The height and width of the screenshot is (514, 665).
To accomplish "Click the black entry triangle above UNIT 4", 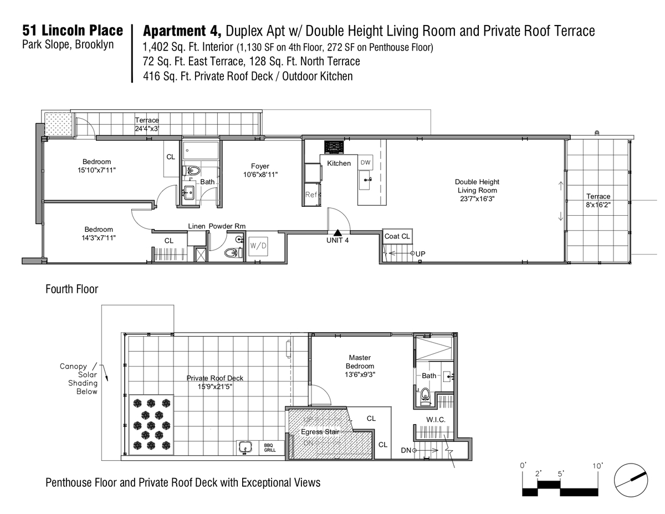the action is pyautogui.click(x=337, y=233).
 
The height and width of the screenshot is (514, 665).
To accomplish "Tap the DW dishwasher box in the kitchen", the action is pyautogui.click(x=365, y=162).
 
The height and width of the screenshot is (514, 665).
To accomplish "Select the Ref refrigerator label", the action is pyautogui.click(x=311, y=195).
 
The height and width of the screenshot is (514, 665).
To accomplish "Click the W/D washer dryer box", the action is pyautogui.click(x=258, y=246).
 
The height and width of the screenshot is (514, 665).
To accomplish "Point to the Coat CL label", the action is pyautogui.click(x=397, y=236).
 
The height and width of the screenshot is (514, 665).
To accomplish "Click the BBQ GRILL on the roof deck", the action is pyautogui.click(x=270, y=448).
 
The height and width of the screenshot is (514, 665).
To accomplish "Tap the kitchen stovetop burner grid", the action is pyautogui.click(x=334, y=147).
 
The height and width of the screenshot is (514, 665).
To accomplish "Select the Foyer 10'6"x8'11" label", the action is pyautogui.click(x=260, y=170).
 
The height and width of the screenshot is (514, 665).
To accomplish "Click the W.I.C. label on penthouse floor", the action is pyautogui.click(x=436, y=420).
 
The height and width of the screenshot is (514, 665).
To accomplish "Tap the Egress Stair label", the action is pyautogui.click(x=320, y=431).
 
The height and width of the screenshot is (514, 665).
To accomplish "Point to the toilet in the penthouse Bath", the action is pyautogui.click(x=424, y=395).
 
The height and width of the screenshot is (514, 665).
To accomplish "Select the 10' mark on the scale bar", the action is pyautogui.click(x=597, y=466).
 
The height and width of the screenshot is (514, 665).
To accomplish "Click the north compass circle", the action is pyautogui.click(x=631, y=480).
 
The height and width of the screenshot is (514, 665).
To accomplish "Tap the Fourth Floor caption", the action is pyautogui.click(x=71, y=289).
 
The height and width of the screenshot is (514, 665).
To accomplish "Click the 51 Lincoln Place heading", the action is pyautogui.click(x=73, y=30).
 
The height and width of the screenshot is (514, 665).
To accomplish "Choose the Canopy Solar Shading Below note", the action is pyautogui.click(x=79, y=379).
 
